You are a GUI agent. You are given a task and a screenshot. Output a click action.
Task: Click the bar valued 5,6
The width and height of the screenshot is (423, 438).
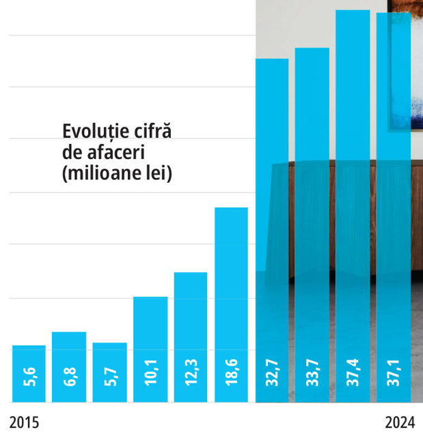(x=29, y=374)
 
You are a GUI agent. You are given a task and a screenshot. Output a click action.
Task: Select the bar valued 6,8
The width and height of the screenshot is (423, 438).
(x=69, y=367)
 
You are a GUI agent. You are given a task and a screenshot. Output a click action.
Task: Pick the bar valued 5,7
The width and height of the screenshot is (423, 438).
(x=109, y=373)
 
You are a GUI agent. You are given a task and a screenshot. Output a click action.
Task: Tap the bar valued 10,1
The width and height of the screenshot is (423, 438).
(x=150, y=349)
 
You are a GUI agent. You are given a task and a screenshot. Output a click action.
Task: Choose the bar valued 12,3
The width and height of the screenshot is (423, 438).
(x=191, y=337)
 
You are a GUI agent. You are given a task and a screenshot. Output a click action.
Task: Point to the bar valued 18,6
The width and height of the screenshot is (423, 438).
(x=231, y=305)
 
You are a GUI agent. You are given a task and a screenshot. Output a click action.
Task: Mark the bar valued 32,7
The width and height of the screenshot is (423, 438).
(x=272, y=231)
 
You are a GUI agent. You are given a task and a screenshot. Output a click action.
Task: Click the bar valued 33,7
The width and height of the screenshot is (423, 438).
(x=312, y=225)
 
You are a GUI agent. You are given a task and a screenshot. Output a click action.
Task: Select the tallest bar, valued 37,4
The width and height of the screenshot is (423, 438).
(x=353, y=206)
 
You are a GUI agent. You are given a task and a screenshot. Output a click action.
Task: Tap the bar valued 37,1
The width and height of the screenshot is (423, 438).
(x=394, y=207)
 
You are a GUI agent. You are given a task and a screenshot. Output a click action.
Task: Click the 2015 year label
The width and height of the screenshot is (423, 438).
(x=24, y=422)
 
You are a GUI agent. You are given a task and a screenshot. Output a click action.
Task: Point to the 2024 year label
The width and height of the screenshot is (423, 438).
(x=400, y=422)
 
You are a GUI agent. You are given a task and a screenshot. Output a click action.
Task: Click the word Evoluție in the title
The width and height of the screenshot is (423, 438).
(x=96, y=132)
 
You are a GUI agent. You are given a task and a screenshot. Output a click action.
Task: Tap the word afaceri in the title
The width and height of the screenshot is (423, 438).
(x=116, y=152)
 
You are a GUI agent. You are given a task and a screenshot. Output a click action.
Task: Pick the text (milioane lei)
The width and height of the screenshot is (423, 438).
(x=118, y=174)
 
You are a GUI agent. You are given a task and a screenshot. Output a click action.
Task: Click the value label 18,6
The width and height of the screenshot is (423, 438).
(x=232, y=373)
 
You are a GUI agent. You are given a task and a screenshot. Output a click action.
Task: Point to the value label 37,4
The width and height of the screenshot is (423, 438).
(x=353, y=373)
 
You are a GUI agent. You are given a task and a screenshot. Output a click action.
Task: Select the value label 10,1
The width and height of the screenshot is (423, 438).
(x=151, y=373)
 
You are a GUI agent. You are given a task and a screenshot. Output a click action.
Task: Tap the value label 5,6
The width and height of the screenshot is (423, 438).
(x=29, y=377)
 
